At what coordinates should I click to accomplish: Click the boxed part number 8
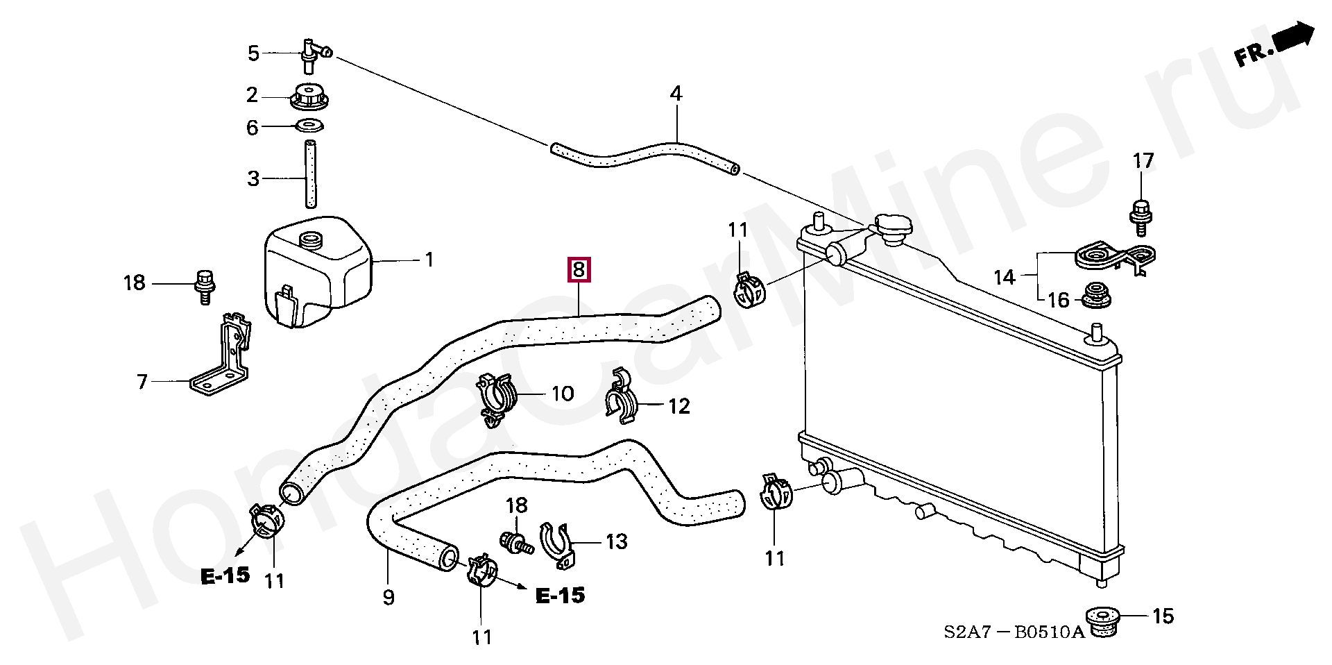579,269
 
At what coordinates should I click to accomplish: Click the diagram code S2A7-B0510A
1013,633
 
